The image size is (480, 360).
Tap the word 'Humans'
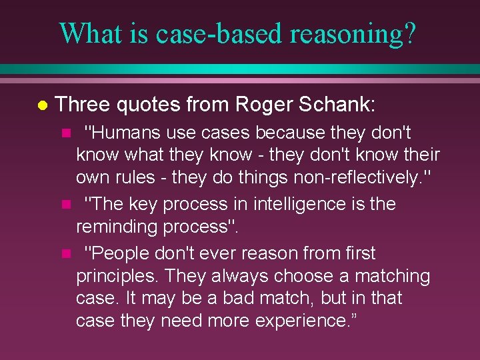pos(121,133)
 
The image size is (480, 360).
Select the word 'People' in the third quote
pos(117,253)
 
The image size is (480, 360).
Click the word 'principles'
pos(116,275)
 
